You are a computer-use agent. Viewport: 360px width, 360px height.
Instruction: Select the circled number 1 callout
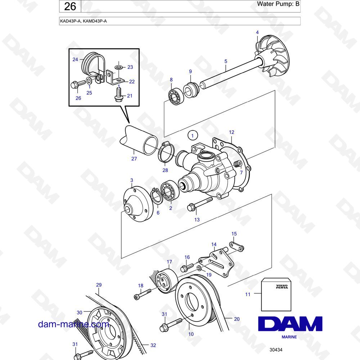click(x=193, y=136)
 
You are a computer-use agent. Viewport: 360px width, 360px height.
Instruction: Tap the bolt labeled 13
click(x=200, y=204)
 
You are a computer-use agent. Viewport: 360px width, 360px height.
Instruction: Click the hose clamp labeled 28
click(x=166, y=152)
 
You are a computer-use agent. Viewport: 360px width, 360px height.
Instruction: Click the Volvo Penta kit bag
click(x=276, y=294)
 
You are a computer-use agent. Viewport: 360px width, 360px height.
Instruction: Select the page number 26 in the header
click(x=70, y=6)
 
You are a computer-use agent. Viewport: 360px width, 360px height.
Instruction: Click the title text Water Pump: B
click(x=278, y=4)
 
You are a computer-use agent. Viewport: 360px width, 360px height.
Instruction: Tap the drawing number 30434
click(x=276, y=350)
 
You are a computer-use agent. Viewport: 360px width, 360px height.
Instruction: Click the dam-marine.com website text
click(x=73, y=324)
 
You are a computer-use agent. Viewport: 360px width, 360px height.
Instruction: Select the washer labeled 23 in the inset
click(x=119, y=67)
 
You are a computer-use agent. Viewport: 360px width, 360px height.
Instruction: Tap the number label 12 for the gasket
click(x=231, y=132)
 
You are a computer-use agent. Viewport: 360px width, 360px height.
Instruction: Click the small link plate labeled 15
click(x=237, y=246)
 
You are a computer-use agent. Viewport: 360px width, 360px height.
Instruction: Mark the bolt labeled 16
click(x=188, y=267)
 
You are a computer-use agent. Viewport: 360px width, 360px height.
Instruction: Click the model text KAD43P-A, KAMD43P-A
click(x=84, y=21)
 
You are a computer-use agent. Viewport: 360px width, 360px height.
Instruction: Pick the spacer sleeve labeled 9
click(x=191, y=90)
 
